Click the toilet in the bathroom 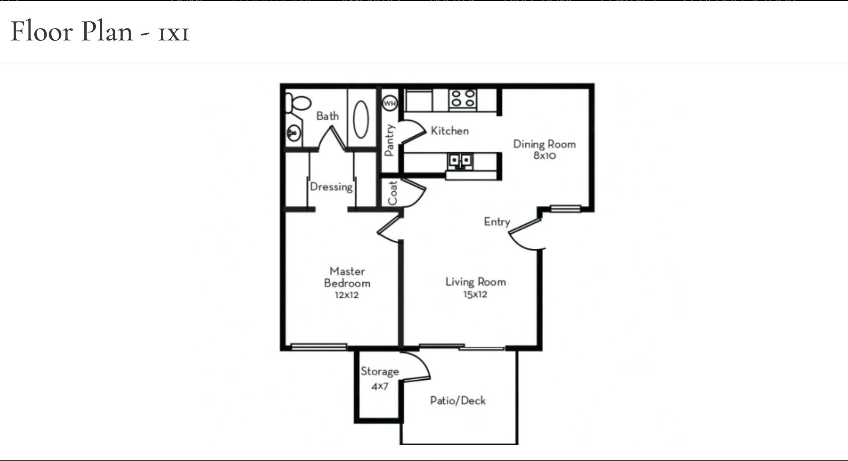[298, 103]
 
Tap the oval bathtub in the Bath [361, 119]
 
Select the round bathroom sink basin [293, 133]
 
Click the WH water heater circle [390, 103]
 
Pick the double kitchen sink [461, 160]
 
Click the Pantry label [389, 140]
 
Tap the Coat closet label [392, 193]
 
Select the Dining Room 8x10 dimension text [545, 156]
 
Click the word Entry [497, 222]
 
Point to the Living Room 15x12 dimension [475, 294]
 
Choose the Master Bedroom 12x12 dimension [347, 295]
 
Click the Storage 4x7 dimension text [380, 386]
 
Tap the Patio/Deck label [458, 400]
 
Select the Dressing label [331, 187]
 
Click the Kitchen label [449, 131]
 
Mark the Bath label [328, 116]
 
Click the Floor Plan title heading [100, 31]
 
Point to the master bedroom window [319, 347]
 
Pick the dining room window [565, 209]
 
